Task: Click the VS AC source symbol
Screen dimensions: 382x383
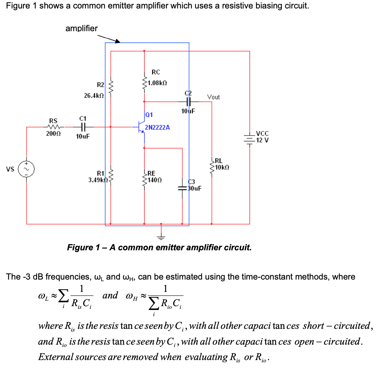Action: (x=27, y=169)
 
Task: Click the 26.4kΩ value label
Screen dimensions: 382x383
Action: (x=94, y=95)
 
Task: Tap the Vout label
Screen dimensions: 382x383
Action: (x=213, y=97)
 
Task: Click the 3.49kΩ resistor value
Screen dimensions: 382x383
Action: (x=97, y=179)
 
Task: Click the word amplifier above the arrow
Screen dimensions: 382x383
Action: (x=82, y=28)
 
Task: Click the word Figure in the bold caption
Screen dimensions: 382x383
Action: (x=80, y=247)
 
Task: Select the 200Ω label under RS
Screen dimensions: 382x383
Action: (x=53, y=133)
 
